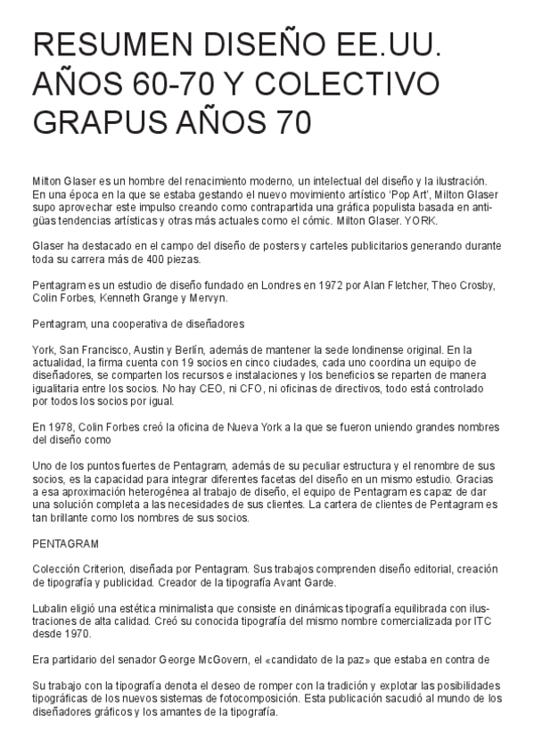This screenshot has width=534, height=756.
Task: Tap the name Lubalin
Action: [x=52, y=607]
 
